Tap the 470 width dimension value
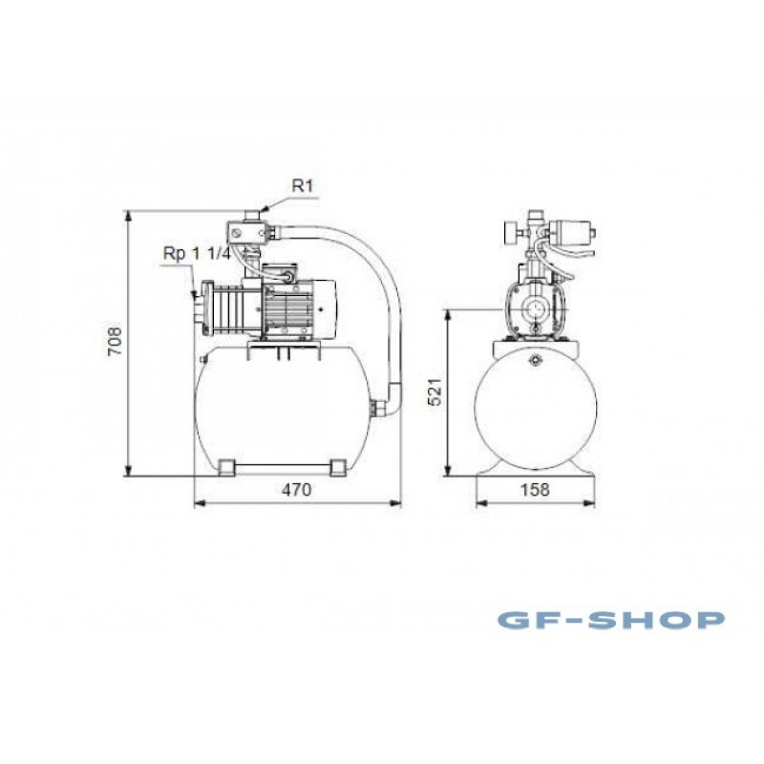point(297,490)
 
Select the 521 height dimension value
point(435,391)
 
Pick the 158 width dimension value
point(535,490)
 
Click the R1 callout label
point(303,185)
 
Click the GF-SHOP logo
point(611,620)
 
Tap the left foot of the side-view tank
point(225,467)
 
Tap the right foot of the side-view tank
point(338,467)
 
